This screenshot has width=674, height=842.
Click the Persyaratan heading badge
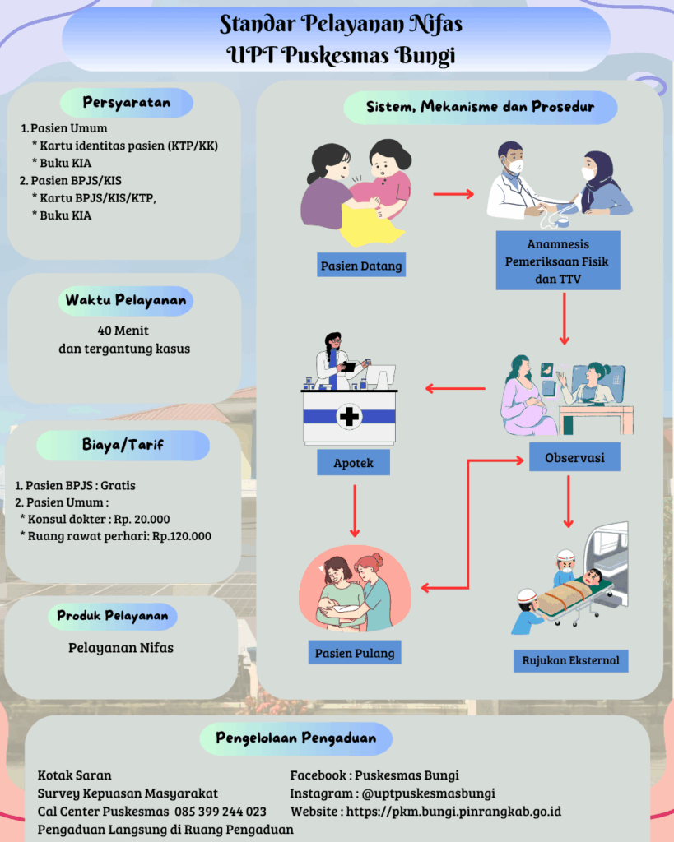127,103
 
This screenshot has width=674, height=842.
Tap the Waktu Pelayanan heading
126,301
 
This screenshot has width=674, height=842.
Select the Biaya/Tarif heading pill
123,446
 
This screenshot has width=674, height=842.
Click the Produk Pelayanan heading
113,615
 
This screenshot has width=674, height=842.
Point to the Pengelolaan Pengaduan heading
295,738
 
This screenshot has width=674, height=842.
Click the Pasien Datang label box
362,266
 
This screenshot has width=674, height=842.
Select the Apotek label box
353,463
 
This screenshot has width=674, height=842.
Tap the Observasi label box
574,457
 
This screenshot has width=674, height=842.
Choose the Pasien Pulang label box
355,654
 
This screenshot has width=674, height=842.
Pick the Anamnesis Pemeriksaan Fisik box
557,260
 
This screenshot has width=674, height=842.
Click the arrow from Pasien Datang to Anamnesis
453,194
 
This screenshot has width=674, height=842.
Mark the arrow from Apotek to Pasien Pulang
354,510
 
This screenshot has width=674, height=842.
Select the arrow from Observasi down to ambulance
568,501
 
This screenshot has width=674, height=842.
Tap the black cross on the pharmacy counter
350,417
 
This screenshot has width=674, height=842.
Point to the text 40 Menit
123,331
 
